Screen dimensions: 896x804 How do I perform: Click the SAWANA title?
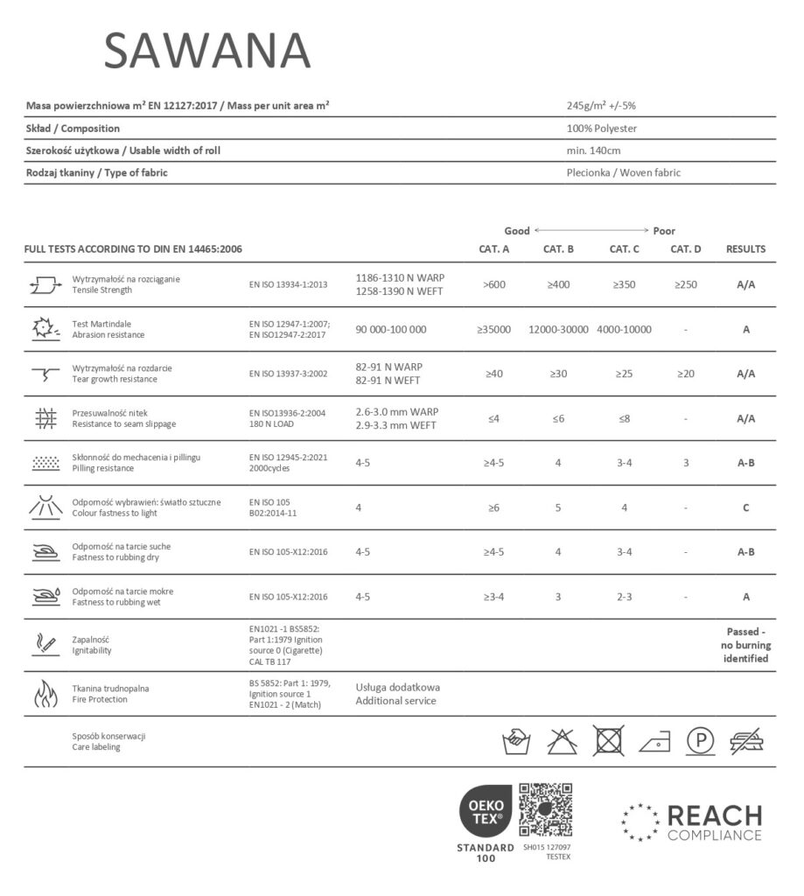coord(207,51)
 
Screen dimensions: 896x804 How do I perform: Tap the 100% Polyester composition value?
coord(602,129)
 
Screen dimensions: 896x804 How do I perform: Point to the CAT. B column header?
coord(558,249)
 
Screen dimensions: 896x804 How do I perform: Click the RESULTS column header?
coord(745,249)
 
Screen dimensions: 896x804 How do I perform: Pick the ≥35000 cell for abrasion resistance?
coord(494,330)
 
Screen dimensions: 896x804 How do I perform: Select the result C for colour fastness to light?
coord(745,507)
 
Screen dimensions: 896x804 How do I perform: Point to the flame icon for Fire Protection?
coord(44,694)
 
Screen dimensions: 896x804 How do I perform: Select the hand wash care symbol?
coord(516,741)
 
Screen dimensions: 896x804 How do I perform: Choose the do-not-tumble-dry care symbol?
coord(609,740)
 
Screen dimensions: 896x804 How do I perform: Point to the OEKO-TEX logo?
coord(486,813)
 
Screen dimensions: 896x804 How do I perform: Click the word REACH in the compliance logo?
coord(714,815)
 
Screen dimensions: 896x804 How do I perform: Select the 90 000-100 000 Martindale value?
coord(391,330)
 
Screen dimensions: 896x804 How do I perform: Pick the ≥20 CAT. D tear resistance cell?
coord(686,374)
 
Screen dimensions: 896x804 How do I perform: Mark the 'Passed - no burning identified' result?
coord(746,645)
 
